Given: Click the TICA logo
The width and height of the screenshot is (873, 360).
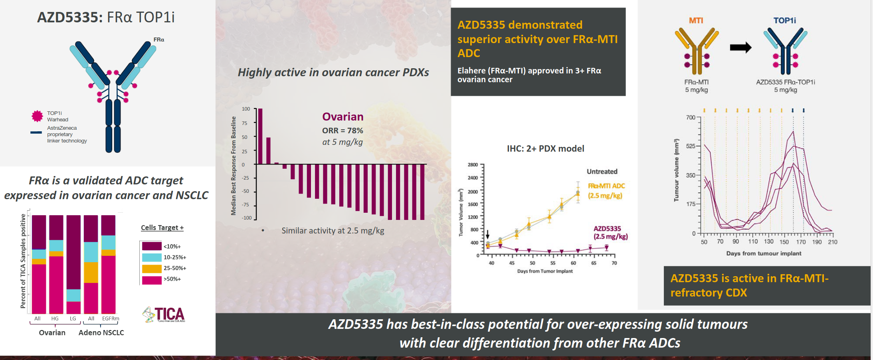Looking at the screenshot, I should coord(164,315).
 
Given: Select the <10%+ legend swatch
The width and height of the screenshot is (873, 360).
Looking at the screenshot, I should coord(152,246).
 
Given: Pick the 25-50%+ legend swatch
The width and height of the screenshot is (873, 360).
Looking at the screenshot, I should coord(152,268).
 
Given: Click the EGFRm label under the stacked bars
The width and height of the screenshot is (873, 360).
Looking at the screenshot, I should coord(111,318).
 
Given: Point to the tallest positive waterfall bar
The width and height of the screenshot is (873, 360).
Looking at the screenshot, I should coord(260,136).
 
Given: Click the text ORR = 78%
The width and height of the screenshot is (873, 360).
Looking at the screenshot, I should coord(342,131).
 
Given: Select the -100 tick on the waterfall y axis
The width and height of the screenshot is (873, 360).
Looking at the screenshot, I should coord(247,218).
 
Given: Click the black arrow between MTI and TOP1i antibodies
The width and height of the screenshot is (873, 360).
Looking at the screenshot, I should coord(740,47).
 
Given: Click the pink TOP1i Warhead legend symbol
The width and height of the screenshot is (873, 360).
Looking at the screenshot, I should coord(37,116).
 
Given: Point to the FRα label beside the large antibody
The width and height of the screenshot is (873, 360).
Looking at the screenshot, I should coord(159,40).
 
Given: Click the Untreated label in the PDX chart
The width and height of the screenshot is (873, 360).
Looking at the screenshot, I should coord(602,172).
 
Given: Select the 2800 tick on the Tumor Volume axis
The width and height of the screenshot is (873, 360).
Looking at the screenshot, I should coord(473,165).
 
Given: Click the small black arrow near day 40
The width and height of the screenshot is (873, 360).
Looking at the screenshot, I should coord(487,234).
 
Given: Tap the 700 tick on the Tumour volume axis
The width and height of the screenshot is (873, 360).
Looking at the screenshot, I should coord(691,117).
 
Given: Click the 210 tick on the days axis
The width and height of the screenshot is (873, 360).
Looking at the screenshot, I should coord(833,242).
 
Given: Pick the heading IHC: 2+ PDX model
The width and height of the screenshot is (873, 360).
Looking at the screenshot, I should coord(545,148).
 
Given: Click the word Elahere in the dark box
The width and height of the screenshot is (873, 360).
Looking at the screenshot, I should coord(471,71).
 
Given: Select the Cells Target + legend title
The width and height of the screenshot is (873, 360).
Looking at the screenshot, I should coord(162,227).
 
